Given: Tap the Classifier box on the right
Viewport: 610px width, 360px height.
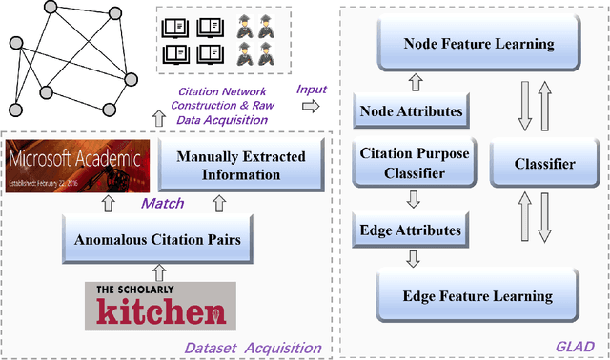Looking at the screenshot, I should coord(543,164).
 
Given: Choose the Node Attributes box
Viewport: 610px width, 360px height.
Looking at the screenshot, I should coord(411,111).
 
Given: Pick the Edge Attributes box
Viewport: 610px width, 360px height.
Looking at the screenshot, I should coord(411,230).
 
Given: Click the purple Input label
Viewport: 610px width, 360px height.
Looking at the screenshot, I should coord(312,89).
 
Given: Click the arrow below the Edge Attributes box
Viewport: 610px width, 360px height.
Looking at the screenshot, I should coord(411,256).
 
